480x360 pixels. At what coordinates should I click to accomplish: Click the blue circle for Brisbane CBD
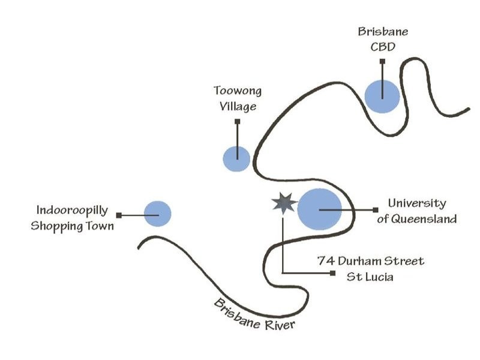pyautogui.click(x=382, y=96)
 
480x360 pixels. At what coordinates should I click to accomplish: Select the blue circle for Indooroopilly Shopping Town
pyautogui.click(x=158, y=214)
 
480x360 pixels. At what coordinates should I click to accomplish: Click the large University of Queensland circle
pyautogui.click(x=320, y=209)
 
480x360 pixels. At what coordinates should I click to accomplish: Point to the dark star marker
pyautogui.click(x=282, y=204)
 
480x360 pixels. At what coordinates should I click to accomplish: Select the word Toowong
pyautogui.click(x=238, y=92)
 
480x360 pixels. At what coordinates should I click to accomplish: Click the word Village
pyautogui.click(x=238, y=107)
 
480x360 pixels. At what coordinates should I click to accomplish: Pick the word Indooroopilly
pyautogui.click(x=72, y=211)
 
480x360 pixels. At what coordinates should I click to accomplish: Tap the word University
pyautogui.click(x=416, y=203)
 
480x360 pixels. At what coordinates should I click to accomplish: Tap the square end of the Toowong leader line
pyautogui.click(x=238, y=122)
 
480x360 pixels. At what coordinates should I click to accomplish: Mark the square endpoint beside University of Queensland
pyautogui.click(x=376, y=209)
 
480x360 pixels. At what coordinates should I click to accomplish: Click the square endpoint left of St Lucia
pyautogui.click(x=332, y=274)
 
